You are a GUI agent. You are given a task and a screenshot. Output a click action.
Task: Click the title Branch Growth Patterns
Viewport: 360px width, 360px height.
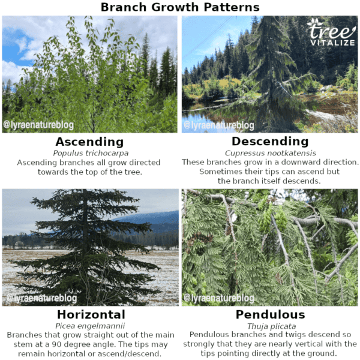(x=180, y=7)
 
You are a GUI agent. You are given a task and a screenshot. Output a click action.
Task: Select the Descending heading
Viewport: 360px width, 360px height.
(x=270, y=142)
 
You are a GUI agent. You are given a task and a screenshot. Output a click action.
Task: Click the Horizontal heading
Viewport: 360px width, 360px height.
(x=91, y=315)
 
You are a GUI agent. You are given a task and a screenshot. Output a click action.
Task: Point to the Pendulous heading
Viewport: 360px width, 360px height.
(x=270, y=315)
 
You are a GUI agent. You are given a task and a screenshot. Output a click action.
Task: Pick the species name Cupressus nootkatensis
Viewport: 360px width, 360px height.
(x=270, y=153)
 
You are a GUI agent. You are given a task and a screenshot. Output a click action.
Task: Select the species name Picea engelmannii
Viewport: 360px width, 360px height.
(x=91, y=325)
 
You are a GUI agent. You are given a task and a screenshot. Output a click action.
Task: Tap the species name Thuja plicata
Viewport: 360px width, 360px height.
(x=270, y=325)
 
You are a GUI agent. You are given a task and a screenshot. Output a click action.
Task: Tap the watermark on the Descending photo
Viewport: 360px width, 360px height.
(x=219, y=125)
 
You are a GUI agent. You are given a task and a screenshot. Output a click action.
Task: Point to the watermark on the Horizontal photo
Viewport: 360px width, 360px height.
(x=40, y=298)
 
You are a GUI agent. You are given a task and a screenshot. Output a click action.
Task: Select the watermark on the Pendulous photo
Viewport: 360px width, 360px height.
(x=219, y=298)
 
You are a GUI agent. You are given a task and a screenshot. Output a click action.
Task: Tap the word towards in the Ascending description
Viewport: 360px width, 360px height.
(x=55, y=172)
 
